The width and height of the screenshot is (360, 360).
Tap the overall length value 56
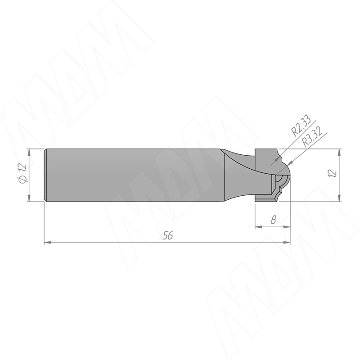click(x=167, y=235)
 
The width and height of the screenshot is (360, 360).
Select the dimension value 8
click(x=273, y=220)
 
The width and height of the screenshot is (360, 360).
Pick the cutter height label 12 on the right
click(x=333, y=173)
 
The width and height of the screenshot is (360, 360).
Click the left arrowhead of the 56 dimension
click(x=47, y=242)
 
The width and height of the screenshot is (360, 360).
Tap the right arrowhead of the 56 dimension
click(x=287, y=242)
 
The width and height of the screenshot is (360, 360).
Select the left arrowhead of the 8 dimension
click(x=258, y=227)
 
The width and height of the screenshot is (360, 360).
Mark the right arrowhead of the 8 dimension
click(x=287, y=227)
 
